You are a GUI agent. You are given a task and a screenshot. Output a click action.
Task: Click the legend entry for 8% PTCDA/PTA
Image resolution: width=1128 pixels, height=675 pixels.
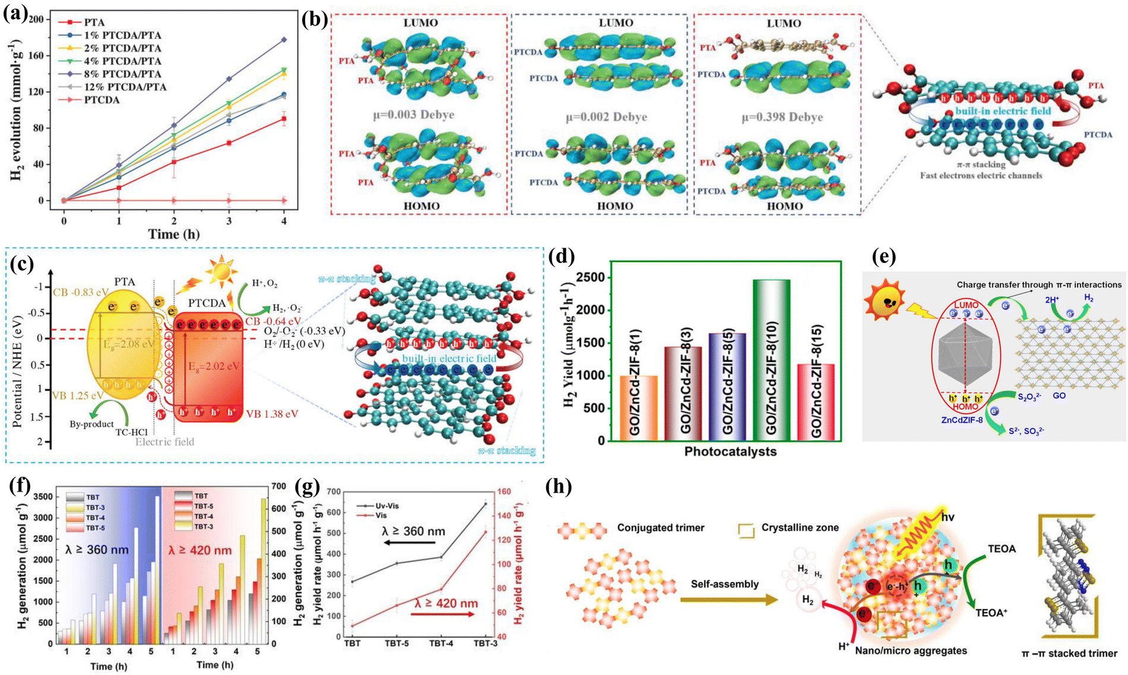point(122,74)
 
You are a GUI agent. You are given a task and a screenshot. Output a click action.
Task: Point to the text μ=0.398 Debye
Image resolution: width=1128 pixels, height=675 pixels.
point(782,118)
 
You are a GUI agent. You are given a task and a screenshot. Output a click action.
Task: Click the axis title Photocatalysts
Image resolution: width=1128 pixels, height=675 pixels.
point(730,452)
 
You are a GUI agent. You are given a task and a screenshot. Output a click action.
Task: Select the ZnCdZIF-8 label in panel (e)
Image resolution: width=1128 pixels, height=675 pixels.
point(962,420)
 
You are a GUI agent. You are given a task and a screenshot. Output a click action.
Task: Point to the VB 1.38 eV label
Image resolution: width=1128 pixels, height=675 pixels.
point(272,414)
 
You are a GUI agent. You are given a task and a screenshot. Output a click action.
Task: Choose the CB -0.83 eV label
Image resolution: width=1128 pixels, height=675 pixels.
point(80,292)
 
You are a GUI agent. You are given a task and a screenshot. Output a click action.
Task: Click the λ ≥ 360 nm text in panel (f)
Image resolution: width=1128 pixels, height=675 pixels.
point(97,550)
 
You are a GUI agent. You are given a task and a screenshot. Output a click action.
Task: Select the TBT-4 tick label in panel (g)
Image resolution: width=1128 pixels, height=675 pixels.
point(441,644)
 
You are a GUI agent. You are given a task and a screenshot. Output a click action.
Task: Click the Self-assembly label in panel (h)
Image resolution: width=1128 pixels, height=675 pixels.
point(724,584)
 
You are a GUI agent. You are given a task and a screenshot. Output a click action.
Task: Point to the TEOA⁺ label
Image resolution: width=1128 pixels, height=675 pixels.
point(991,613)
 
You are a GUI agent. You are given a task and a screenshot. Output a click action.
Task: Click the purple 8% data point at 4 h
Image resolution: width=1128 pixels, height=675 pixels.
point(284,40)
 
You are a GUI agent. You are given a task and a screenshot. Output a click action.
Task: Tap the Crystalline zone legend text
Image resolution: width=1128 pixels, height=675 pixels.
point(800,528)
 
